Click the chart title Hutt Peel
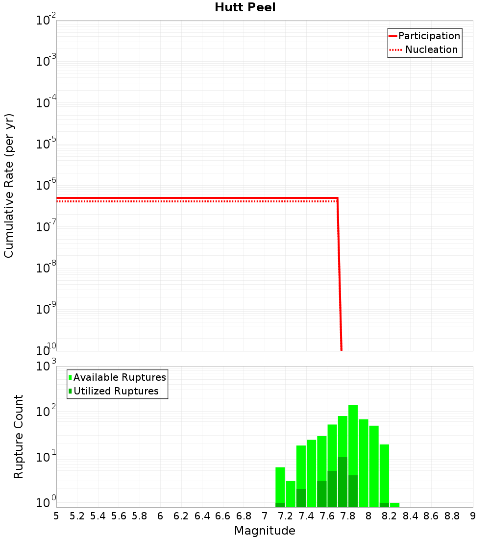[245, 7]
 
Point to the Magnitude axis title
[265, 531]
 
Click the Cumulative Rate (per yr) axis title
[9, 186]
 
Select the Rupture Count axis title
[19, 437]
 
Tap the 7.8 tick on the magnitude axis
[348, 516]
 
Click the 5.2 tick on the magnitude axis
[77, 516]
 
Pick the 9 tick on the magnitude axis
[472, 516]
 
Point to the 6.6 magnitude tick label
[223, 516]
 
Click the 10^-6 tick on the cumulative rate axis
[46, 185]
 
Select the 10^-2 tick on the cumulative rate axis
[46, 21]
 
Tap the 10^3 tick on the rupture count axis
[46, 367]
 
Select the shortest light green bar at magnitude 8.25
[394, 505]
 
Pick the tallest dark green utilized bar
[343, 483]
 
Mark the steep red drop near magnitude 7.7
[339, 274]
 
